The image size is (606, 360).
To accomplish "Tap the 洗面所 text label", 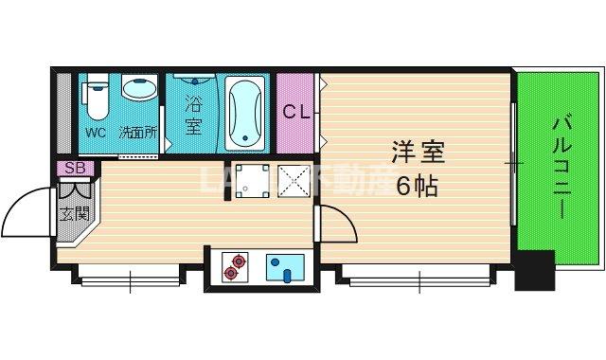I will [136, 133].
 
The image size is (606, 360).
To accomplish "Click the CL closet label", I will [297, 111].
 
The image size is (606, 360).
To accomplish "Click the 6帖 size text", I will [417, 187].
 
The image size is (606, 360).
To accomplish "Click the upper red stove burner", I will [236, 258].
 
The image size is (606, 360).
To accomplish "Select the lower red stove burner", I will [228, 274].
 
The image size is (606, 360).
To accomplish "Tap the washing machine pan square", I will [251, 180].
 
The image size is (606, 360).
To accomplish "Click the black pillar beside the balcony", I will [533, 270].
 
